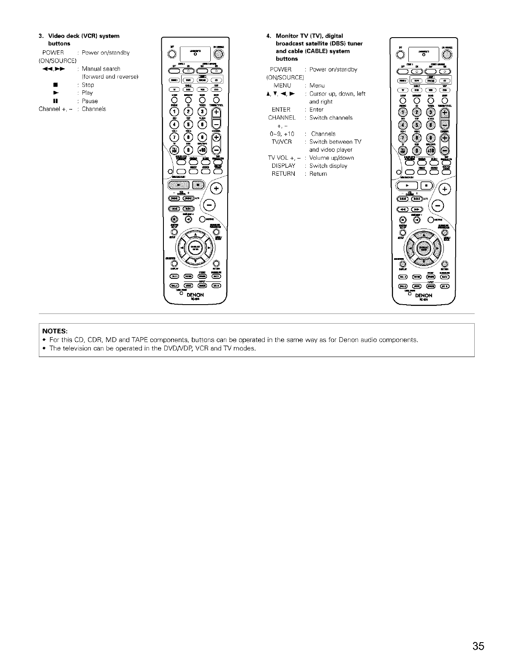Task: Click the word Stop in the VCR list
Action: point(88,85)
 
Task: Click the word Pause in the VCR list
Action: point(90,101)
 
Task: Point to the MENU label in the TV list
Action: point(282,85)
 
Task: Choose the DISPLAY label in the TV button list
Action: point(283,166)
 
